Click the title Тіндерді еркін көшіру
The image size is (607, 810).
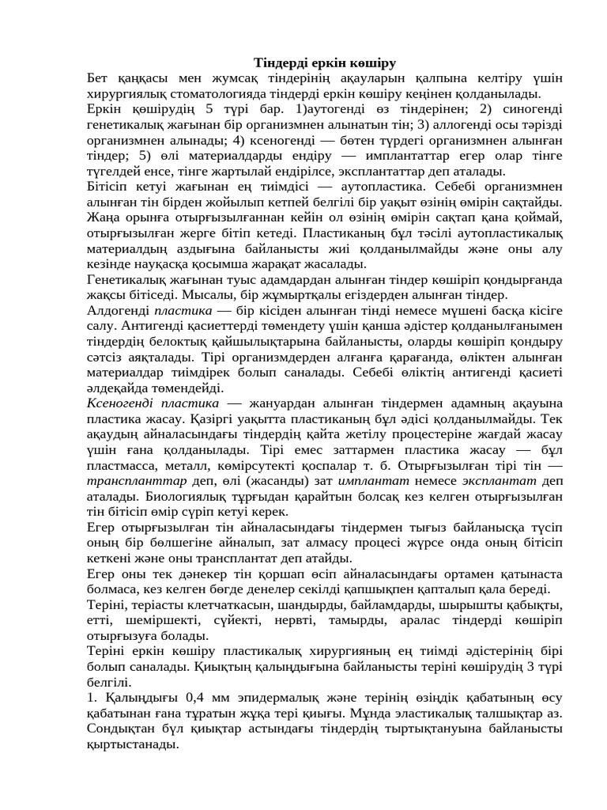(x=324, y=62)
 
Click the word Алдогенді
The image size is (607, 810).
(x=117, y=309)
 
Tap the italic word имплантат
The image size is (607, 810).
(x=370, y=480)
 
